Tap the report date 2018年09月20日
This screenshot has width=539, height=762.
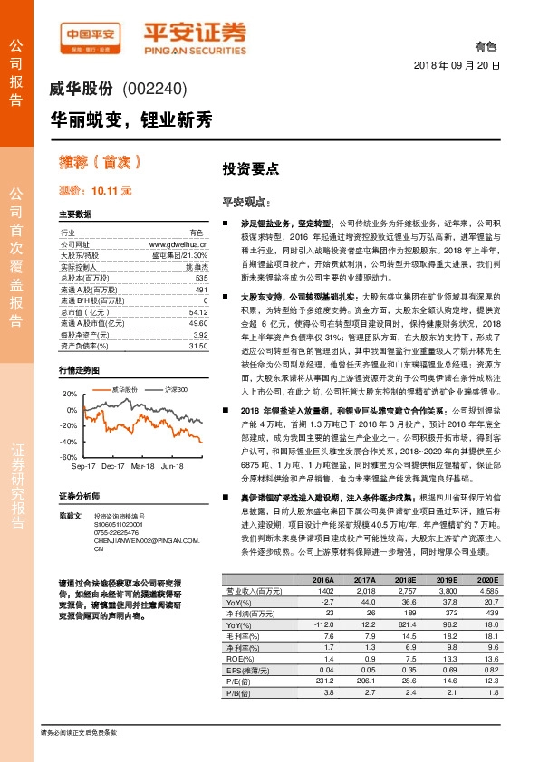pyautogui.click(x=456, y=66)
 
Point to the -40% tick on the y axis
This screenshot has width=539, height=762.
pyautogui.click(x=70, y=442)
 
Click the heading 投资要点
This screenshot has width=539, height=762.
pyautogui.click(x=251, y=168)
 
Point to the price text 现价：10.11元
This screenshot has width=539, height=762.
pyautogui.click(x=95, y=191)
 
